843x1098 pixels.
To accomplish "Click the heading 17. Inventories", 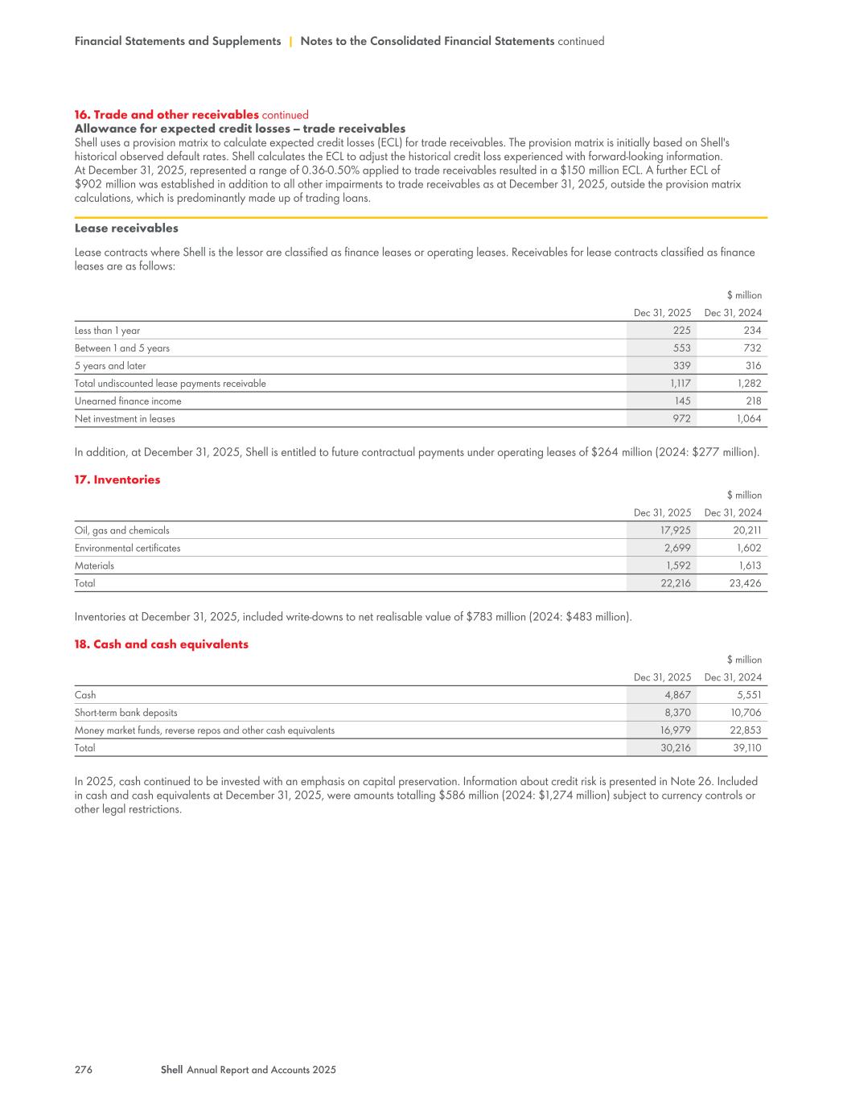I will (x=117, y=479).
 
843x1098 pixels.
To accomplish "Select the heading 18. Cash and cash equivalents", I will (x=161, y=644).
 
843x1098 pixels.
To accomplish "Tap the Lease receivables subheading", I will (x=126, y=228).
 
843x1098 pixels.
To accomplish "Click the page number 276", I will (x=84, y=1070).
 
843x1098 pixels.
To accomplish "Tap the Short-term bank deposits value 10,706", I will (x=745, y=713).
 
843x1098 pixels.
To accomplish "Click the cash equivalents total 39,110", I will (x=745, y=748).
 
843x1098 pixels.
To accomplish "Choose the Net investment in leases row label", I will (x=125, y=418).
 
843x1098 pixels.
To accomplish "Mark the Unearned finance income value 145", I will (x=681, y=401).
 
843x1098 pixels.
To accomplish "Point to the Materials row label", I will (x=94, y=565).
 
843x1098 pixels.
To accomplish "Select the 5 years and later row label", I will (x=110, y=366).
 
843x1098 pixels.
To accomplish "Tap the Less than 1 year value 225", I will (x=681, y=331).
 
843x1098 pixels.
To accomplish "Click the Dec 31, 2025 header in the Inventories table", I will (x=662, y=512).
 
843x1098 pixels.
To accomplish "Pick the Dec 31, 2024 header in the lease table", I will (x=733, y=313).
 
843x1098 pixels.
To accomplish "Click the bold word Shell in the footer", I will (x=171, y=1070).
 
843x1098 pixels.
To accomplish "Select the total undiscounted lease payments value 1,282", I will (x=749, y=384).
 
